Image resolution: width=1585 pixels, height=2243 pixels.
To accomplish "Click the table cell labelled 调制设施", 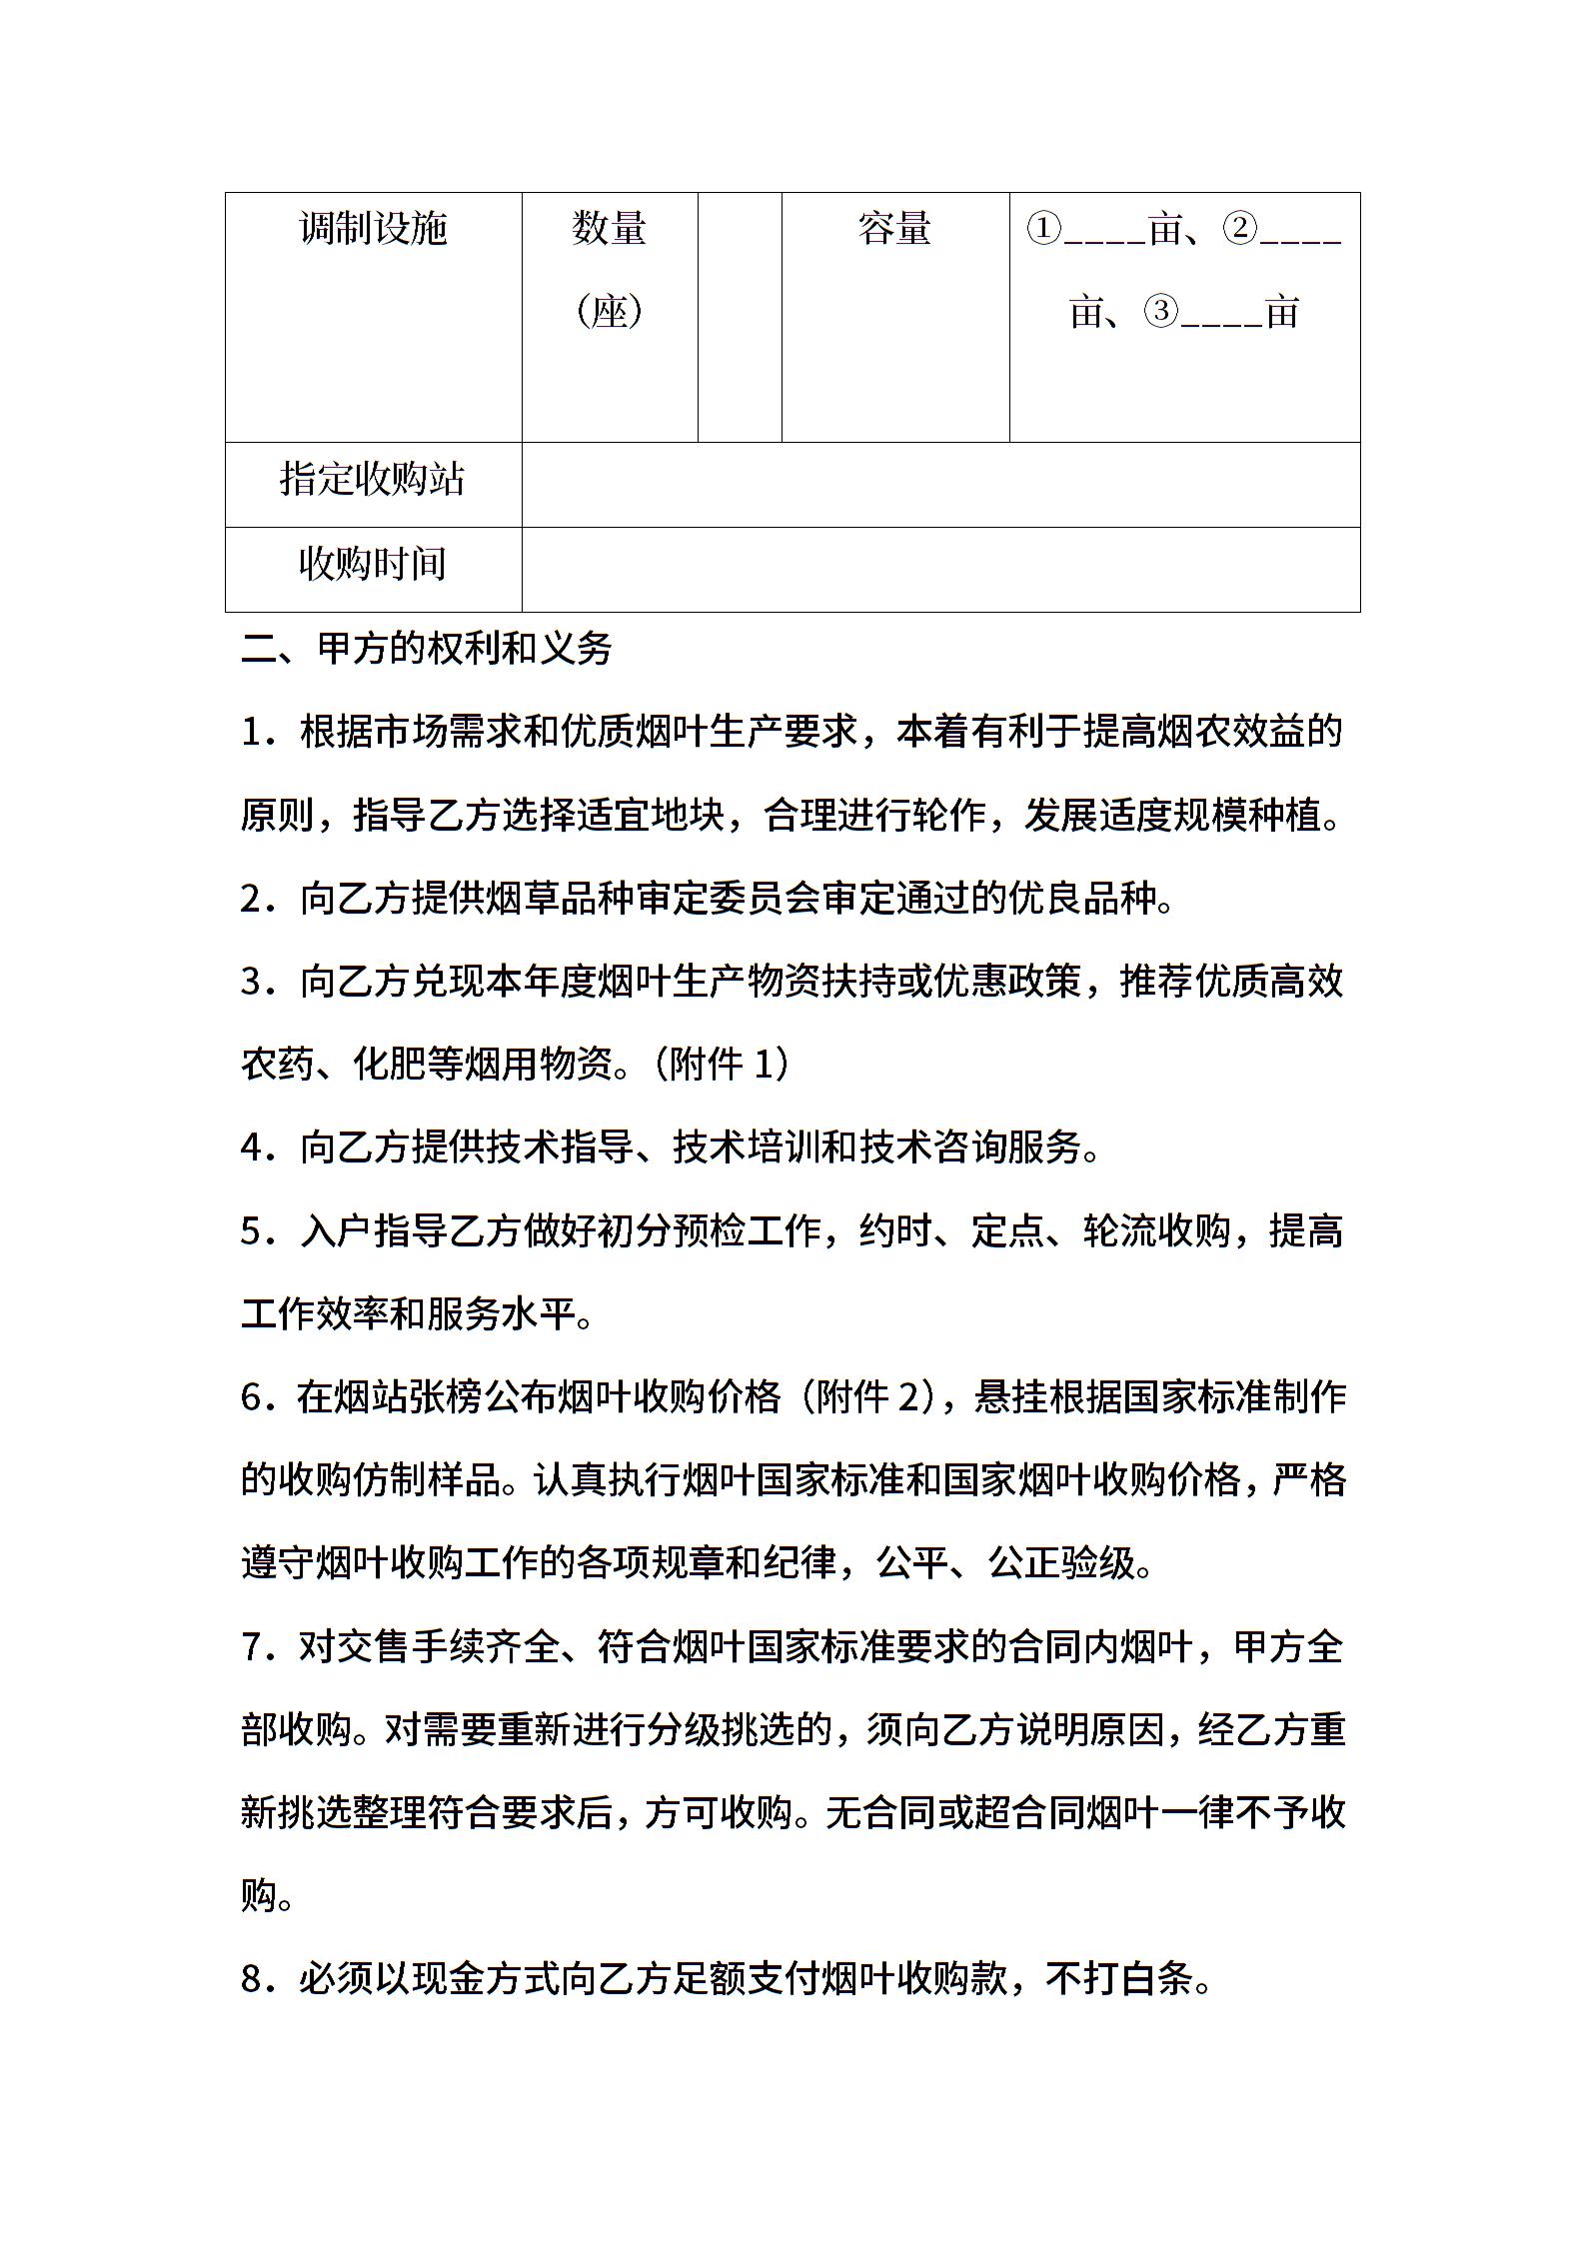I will [373, 230].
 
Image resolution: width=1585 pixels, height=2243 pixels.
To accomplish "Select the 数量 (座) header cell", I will [609, 270].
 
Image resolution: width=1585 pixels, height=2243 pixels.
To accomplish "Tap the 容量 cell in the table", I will [894, 230].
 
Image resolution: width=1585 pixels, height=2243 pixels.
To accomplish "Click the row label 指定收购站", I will [373, 480].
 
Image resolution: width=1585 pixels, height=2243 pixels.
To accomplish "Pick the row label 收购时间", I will [373, 565].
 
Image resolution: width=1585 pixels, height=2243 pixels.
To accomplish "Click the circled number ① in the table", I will [1043, 230].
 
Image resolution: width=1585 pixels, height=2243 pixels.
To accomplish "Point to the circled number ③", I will [1161, 312].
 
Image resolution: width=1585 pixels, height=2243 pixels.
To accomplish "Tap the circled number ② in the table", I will [1239, 230].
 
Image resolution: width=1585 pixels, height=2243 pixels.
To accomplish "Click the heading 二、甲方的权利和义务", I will [427, 650].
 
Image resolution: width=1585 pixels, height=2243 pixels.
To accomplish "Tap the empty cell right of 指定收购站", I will [939, 485].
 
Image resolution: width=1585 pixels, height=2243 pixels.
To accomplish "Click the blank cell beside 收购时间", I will [939, 570].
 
